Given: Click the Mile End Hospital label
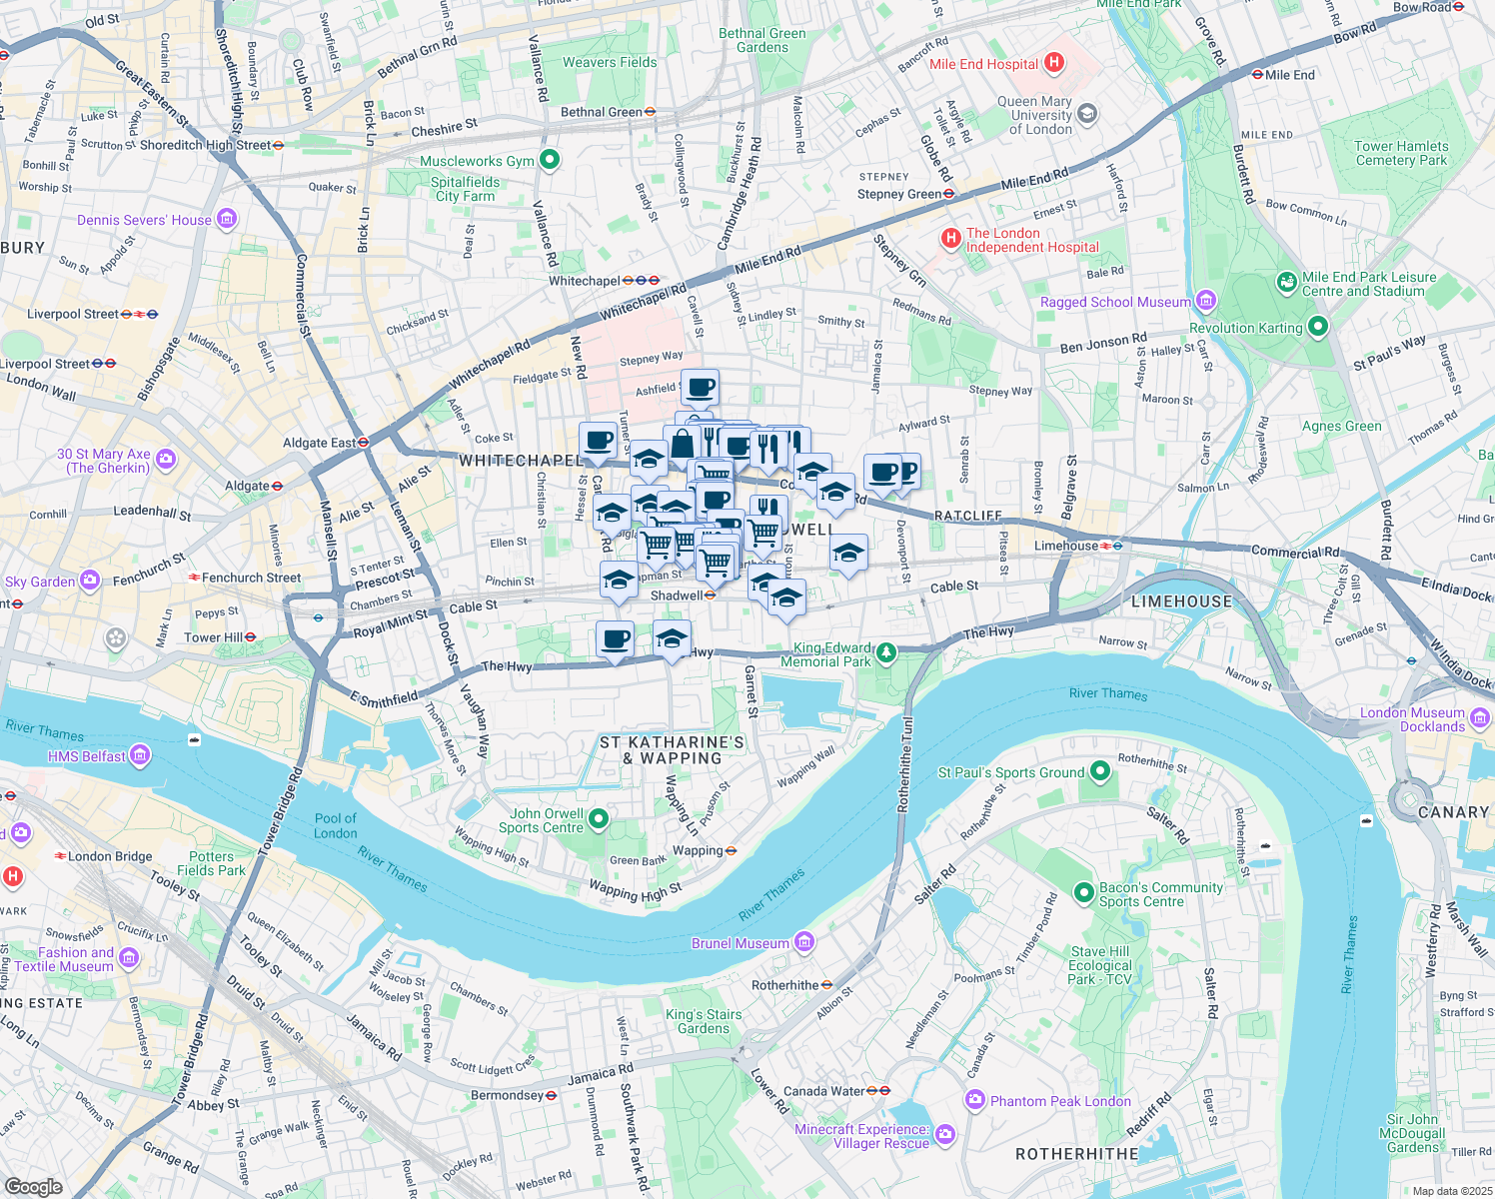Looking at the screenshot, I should pyautogui.click(x=983, y=64).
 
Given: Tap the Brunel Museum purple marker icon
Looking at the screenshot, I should pyautogui.click(x=805, y=942).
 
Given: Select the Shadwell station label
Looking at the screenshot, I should pyautogui.click(x=677, y=596).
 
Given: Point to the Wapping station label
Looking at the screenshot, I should pyautogui.click(x=698, y=851).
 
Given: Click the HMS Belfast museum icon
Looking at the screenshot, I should pyautogui.click(x=140, y=755).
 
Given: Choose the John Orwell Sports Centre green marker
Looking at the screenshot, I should pyautogui.click(x=599, y=819).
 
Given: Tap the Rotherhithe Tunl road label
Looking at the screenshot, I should pyautogui.click(x=905, y=763).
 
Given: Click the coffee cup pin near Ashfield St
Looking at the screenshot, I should pyautogui.click(x=701, y=386).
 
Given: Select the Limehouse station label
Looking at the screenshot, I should pyautogui.click(x=1065, y=546).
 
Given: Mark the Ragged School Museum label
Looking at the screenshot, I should pyautogui.click(x=1115, y=302).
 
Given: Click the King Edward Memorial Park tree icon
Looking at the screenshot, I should pyautogui.click(x=885, y=653).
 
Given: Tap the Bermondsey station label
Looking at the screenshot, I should pyautogui.click(x=507, y=1095).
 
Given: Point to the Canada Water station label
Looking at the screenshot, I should pyautogui.click(x=823, y=1091).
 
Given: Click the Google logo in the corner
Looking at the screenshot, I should pyautogui.click(x=33, y=1186).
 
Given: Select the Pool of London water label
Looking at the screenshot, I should pyautogui.click(x=335, y=825).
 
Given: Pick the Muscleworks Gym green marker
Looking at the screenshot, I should pyautogui.click(x=549, y=160).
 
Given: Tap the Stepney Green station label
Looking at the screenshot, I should pyautogui.click(x=898, y=194).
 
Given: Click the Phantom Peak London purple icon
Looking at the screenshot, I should pyautogui.click(x=974, y=1100).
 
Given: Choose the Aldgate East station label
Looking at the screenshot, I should pyautogui.click(x=319, y=443).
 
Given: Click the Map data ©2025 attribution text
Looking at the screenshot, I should pyautogui.click(x=1450, y=1191).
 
